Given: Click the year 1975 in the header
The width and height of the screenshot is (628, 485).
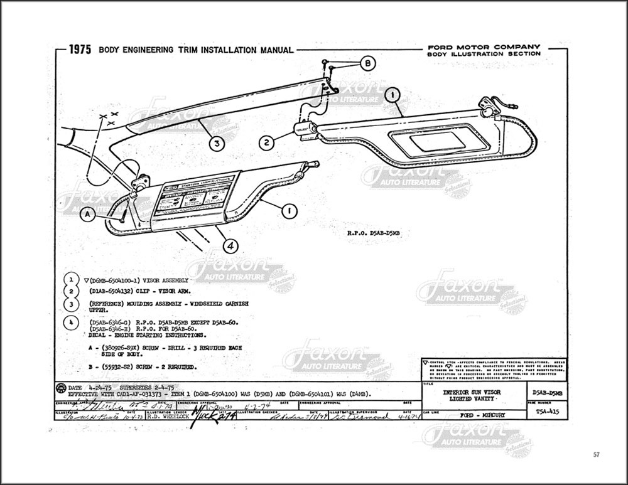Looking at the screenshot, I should (x=80, y=50).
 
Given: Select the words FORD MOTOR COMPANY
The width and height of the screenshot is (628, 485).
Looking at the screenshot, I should (x=484, y=47).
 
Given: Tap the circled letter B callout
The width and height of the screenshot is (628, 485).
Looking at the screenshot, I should (x=369, y=63).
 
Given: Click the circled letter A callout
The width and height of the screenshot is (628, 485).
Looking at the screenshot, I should (x=89, y=215).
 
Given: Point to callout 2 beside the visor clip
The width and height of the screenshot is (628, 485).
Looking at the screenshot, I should (x=267, y=142).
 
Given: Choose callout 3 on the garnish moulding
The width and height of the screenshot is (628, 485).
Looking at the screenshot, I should (x=217, y=144).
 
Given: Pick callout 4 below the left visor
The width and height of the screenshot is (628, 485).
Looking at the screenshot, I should (x=230, y=247).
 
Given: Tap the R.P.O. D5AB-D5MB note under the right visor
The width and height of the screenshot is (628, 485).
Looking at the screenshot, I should (x=374, y=232).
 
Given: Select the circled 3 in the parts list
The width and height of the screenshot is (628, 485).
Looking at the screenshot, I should (x=73, y=306).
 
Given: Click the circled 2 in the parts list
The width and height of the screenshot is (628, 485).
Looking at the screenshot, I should (x=73, y=291).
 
